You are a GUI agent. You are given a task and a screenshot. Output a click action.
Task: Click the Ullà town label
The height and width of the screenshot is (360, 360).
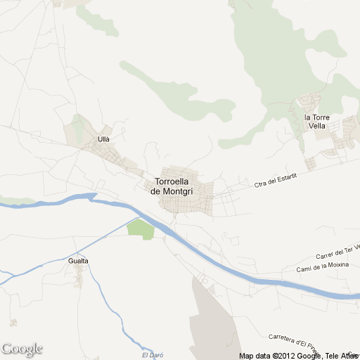coord(103,139)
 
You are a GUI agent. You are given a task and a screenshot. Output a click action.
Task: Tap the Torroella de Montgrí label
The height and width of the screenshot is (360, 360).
coord(173,186)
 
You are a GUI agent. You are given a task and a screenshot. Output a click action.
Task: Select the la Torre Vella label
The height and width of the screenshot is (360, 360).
coord(317,121)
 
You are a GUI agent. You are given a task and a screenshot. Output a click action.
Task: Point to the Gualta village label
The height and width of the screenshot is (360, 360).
coord(79,261)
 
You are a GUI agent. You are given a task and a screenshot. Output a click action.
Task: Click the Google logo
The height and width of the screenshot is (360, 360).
coord(22,349)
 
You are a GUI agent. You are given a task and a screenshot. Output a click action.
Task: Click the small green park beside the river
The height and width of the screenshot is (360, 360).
coord(141,229)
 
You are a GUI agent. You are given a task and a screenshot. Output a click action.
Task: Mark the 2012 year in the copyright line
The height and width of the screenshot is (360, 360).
coord(285,356)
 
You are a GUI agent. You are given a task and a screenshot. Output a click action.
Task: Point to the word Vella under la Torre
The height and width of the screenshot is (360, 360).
coord(317,126)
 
